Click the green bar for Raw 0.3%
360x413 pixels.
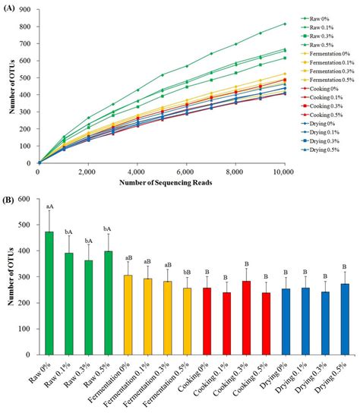90,307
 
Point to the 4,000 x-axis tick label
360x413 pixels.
136,171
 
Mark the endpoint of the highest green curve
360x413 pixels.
285,24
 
